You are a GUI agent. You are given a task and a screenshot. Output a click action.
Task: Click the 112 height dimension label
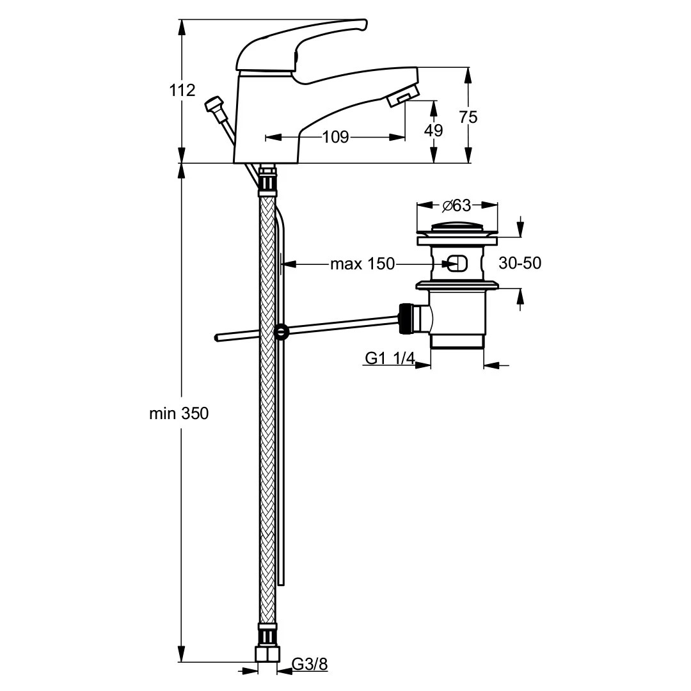[x=182, y=90]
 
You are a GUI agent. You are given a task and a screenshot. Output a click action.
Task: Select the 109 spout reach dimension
[x=335, y=136]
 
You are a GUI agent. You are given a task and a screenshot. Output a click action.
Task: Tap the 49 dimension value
[x=434, y=130]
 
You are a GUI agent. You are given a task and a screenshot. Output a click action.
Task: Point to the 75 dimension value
[x=468, y=117]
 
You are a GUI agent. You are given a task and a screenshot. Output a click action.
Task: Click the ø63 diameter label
[x=457, y=205]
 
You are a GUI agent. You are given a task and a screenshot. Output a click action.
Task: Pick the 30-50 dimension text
[x=519, y=263]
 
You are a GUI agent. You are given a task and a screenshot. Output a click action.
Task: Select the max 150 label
[x=362, y=264]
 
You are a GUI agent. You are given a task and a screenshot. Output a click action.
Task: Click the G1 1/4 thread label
[x=389, y=359]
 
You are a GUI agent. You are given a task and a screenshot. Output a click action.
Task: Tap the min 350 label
[x=179, y=413]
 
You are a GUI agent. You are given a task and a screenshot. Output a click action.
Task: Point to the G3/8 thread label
[x=310, y=664]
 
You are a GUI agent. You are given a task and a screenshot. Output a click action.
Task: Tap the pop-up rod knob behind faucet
[x=214, y=105]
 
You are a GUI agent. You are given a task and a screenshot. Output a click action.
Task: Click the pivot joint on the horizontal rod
[x=281, y=331]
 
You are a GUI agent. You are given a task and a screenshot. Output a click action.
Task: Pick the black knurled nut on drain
[x=404, y=318]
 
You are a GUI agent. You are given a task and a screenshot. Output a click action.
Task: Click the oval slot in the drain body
[x=456, y=263]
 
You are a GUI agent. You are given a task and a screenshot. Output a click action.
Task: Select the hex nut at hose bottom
[x=267, y=655]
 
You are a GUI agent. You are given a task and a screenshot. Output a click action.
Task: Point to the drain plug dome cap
[x=457, y=226]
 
